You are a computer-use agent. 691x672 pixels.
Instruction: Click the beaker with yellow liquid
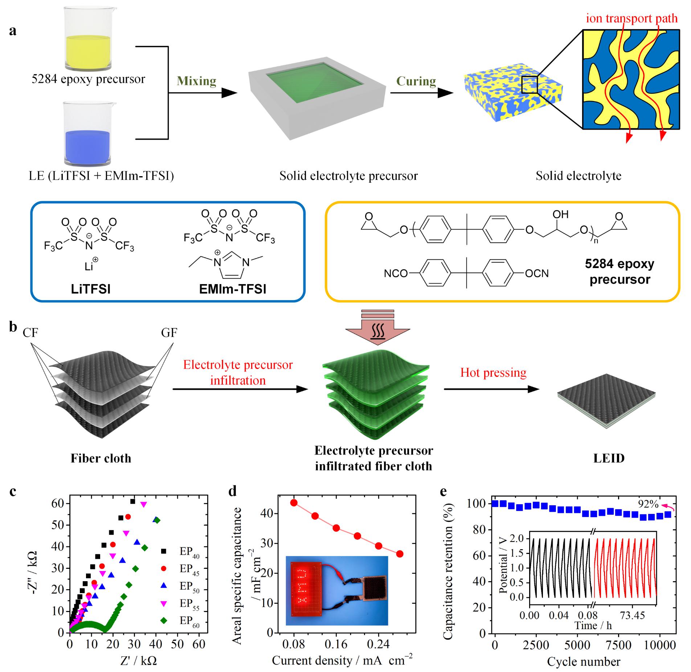(x=88, y=38)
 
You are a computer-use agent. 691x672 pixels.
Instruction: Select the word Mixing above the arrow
(x=196, y=81)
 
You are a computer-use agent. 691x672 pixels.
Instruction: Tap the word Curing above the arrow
(x=416, y=81)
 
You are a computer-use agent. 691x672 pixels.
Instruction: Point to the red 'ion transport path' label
(x=631, y=18)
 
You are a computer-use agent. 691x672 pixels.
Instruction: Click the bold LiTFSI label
(x=91, y=289)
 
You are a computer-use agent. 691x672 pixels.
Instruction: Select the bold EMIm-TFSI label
(x=233, y=289)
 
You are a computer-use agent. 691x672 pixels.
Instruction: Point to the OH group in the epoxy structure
(x=560, y=214)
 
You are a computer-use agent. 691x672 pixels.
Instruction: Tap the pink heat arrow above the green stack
(x=377, y=329)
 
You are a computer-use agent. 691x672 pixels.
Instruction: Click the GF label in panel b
(x=169, y=333)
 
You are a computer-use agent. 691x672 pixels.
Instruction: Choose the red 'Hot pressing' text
(x=493, y=373)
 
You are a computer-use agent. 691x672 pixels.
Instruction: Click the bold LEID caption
(x=609, y=458)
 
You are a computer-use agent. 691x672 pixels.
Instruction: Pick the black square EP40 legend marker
(x=164, y=551)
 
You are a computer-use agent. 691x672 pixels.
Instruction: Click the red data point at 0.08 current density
(x=294, y=503)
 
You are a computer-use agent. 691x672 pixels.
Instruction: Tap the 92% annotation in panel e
(x=648, y=504)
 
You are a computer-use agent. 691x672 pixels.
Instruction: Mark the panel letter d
(x=232, y=491)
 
